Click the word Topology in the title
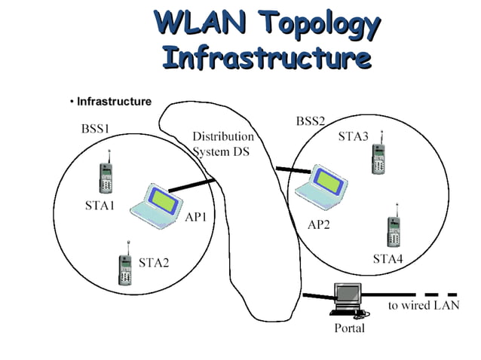321,24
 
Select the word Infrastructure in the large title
266,57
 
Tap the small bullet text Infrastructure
114,102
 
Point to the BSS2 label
310,121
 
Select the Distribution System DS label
223,144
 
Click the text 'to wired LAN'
423,306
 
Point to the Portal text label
349,328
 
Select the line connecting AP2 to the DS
293,172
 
